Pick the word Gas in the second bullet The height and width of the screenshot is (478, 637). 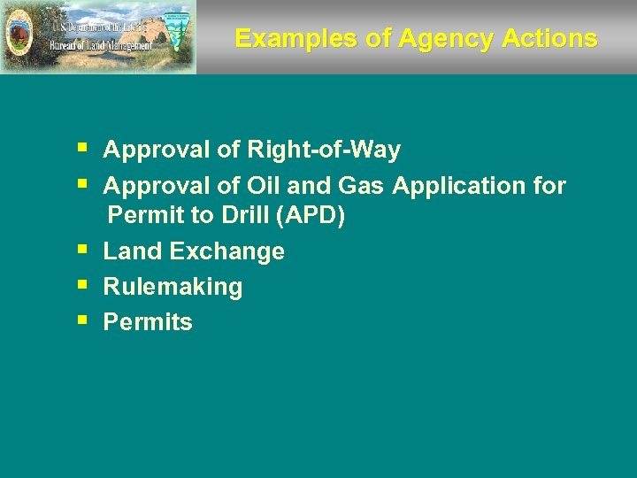[x=363, y=186]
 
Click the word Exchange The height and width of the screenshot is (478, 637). [x=226, y=252]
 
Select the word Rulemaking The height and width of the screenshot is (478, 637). [x=173, y=287]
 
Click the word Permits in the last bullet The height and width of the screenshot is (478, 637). [x=148, y=322]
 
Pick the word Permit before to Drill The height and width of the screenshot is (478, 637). [x=145, y=216]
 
